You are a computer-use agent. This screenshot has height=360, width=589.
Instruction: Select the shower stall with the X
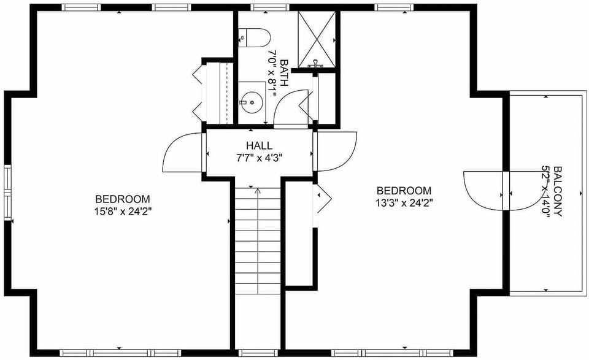[317, 39]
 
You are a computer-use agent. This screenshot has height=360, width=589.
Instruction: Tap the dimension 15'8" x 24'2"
[123, 211]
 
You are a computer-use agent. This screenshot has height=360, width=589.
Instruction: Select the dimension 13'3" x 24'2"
[404, 202]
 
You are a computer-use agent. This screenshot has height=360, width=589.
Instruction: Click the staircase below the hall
[258, 239]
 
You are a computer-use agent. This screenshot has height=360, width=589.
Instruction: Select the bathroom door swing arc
[292, 108]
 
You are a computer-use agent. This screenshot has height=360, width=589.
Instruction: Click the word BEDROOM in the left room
[123, 199]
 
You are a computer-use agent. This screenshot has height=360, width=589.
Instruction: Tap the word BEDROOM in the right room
[404, 191]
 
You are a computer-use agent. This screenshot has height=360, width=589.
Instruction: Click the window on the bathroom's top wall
[262, 7]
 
